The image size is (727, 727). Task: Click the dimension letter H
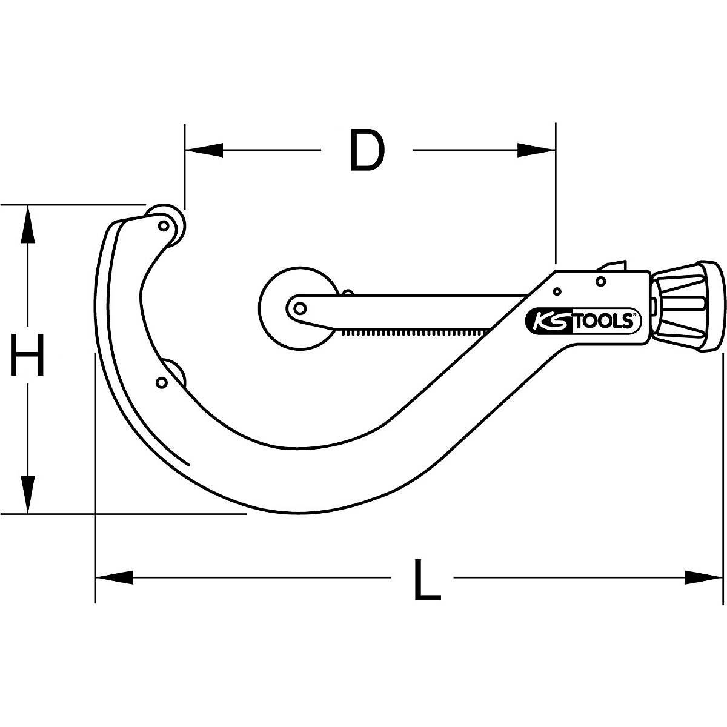click(27, 356)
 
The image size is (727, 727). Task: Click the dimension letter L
click(427, 580)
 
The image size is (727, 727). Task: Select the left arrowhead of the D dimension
click(204, 150)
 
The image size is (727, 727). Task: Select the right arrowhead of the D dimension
click(537, 150)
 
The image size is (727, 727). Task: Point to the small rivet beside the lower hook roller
click(161, 382)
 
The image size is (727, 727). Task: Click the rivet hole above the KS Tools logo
click(600, 281)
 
